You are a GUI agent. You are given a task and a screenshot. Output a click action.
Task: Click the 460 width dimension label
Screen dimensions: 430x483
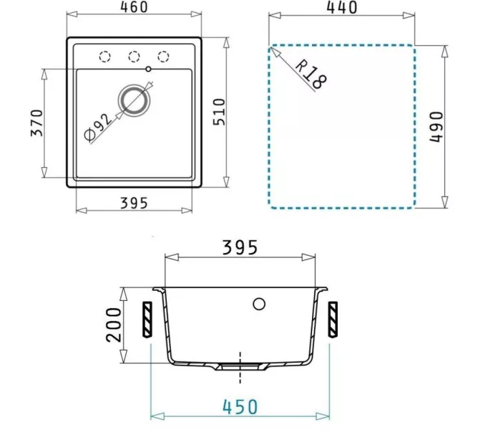[133, 8]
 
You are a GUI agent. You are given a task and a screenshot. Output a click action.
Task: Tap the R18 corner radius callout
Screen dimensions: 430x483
[310, 72]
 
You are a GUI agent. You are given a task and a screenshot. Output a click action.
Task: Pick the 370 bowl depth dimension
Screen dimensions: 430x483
[36, 123]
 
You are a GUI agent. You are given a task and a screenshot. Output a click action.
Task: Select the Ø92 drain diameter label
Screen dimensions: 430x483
[99, 126]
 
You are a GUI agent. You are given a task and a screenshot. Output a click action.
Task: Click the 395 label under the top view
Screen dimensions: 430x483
[133, 203]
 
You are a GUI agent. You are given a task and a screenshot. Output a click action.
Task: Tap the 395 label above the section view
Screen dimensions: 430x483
[240, 248]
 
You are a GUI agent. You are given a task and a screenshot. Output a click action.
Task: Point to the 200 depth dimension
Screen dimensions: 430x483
[114, 325]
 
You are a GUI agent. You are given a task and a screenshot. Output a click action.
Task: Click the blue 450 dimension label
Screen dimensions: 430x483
[240, 406]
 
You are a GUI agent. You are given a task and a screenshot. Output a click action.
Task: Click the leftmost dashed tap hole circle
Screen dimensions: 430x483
[105, 56]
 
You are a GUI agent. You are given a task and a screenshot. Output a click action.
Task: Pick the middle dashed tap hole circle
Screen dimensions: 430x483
[133, 56]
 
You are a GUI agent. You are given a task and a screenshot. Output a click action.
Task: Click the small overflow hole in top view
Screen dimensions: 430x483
[148, 70]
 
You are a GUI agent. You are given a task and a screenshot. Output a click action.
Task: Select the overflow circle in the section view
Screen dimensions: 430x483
[259, 303]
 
